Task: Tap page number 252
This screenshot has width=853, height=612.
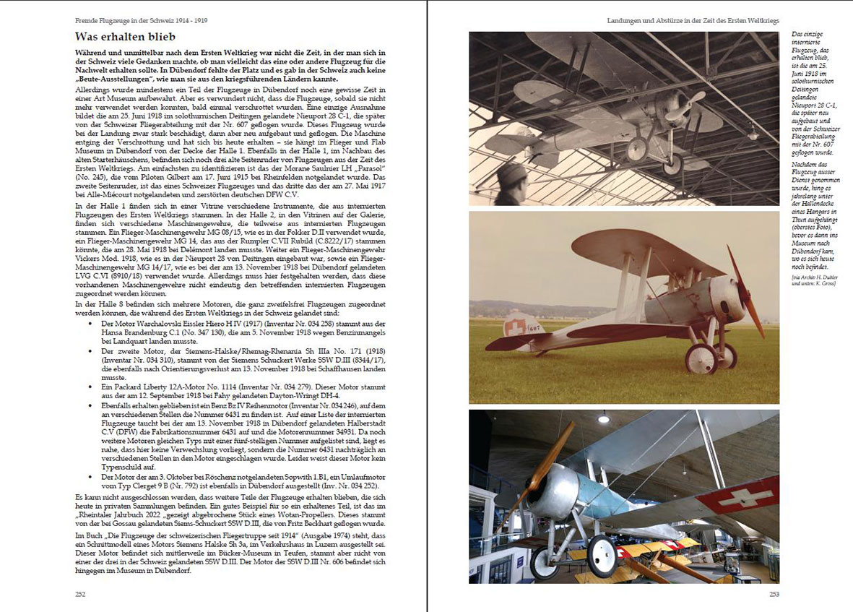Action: point(82,594)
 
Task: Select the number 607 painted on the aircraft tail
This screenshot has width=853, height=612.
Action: point(534,329)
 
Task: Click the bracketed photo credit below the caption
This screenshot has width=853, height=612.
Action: point(813,280)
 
